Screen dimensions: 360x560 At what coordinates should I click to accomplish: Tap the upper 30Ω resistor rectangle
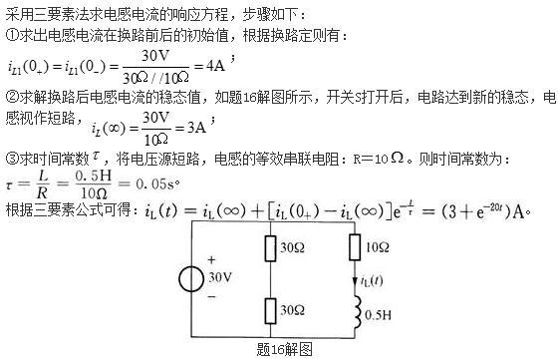[x=271, y=246]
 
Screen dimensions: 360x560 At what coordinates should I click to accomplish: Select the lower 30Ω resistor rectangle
[x=271, y=311]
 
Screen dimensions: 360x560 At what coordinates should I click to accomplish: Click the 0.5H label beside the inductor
[x=380, y=314]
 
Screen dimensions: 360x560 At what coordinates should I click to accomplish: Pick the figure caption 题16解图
[x=285, y=349]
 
